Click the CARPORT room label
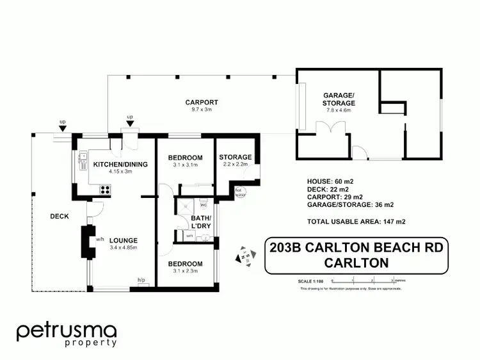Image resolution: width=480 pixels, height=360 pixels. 202,102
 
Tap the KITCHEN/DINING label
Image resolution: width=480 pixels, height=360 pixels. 120,165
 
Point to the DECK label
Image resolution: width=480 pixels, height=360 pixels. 59,217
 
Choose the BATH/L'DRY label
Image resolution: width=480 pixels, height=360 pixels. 200,223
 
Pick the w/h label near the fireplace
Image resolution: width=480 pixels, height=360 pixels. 100,240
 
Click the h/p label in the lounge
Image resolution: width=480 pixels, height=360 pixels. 141,279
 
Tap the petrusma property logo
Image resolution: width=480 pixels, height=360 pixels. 67,335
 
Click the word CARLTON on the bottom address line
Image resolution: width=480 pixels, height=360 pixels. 357,263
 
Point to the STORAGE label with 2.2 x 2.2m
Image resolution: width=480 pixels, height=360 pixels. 236,158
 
